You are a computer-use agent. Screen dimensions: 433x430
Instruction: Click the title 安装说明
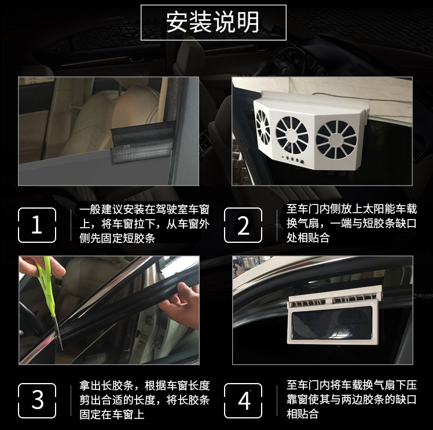click(212, 22)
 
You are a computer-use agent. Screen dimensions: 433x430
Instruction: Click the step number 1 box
click(37, 225)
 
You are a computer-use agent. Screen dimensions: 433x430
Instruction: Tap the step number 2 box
click(243, 225)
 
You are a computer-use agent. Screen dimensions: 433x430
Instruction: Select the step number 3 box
click(37, 400)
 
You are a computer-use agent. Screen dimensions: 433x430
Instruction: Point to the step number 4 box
click(243, 400)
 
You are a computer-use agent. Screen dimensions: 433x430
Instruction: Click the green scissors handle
click(46, 279)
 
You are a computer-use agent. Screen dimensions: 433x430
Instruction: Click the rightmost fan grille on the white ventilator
click(336, 140)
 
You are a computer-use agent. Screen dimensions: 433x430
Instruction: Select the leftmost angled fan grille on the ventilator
click(263, 127)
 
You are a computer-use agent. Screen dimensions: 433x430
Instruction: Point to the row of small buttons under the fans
click(292, 159)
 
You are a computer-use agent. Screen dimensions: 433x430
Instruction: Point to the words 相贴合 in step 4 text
click(303, 414)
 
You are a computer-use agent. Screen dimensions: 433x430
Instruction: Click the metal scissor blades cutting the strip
click(58, 332)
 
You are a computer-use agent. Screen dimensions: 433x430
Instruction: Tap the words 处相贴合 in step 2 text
click(308, 238)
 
